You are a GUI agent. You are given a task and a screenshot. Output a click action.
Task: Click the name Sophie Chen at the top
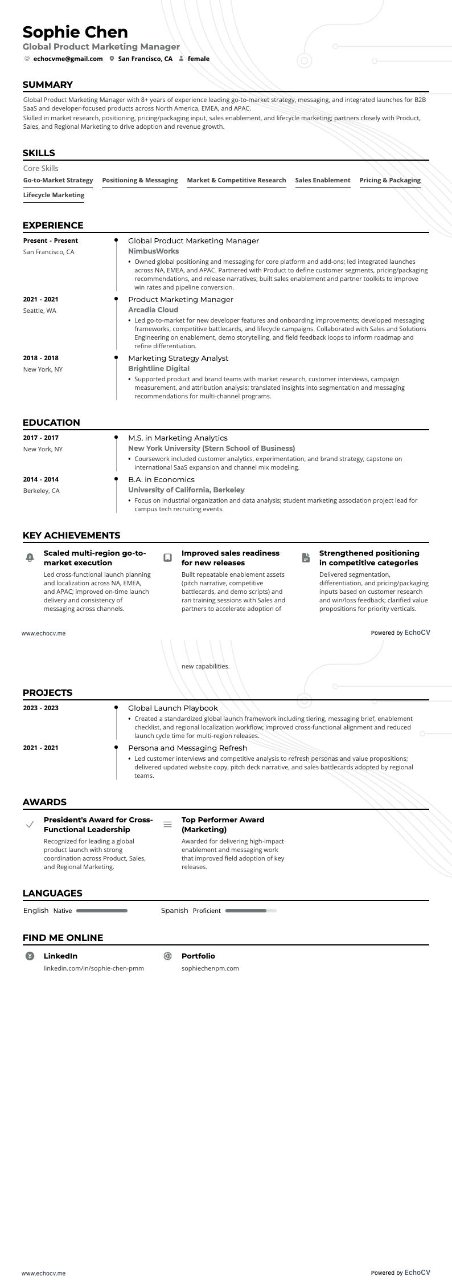click(x=75, y=32)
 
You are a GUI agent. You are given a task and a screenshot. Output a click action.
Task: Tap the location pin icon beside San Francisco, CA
click(x=112, y=59)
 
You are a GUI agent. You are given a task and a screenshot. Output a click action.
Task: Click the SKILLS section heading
click(x=39, y=153)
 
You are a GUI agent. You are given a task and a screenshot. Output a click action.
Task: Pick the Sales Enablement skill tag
click(x=322, y=180)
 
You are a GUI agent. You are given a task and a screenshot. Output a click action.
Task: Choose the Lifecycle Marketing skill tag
click(x=54, y=195)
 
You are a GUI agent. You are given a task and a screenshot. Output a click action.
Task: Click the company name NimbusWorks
click(x=153, y=251)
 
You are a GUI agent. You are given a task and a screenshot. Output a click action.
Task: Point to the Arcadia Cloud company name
click(x=153, y=309)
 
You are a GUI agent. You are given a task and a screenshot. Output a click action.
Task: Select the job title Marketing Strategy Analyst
click(x=178, y=358)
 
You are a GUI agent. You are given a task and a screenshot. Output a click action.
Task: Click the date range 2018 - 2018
click(x=40, y=358)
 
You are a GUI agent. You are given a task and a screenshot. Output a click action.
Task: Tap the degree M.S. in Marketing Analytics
click(x=178, y=438)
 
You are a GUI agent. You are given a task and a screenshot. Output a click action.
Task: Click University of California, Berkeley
click(x=186, y=490)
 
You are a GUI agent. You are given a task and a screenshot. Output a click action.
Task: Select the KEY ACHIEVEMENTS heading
click(x=71, y=535)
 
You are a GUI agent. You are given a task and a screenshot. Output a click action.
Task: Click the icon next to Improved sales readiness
click(x=167, y=557)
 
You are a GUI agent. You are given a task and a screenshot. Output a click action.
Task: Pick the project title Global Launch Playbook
click(x=172, y=708)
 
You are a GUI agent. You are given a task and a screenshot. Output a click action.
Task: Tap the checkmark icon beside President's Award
click(x=30, y=825)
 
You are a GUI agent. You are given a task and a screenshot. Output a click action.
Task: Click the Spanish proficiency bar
click(x=250, y=911)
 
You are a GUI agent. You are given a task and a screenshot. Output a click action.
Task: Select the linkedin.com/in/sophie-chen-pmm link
click(x=93, y=968)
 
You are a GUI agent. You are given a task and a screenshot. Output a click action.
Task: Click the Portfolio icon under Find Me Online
click(x=167, y=956)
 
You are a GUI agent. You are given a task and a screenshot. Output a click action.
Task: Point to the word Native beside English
click(x=63, y=911)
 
